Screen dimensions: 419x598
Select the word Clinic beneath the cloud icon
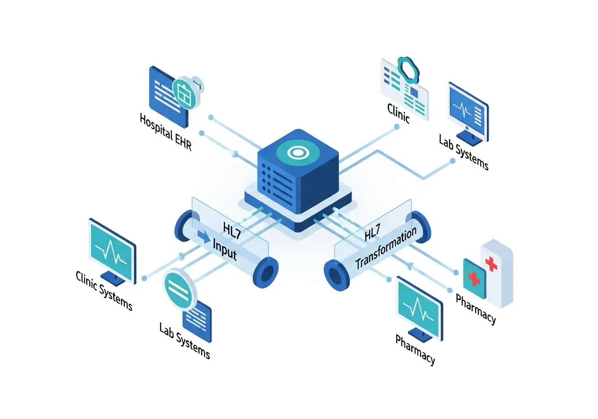point(399,113)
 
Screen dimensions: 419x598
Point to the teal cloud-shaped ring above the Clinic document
point(408,70)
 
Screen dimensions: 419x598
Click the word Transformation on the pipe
point(386,249)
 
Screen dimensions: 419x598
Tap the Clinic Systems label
point(104,290)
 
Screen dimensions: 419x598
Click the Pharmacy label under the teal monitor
point(415,349)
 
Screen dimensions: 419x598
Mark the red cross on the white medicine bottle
point(491,263)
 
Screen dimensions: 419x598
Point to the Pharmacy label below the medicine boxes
point(476,309)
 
